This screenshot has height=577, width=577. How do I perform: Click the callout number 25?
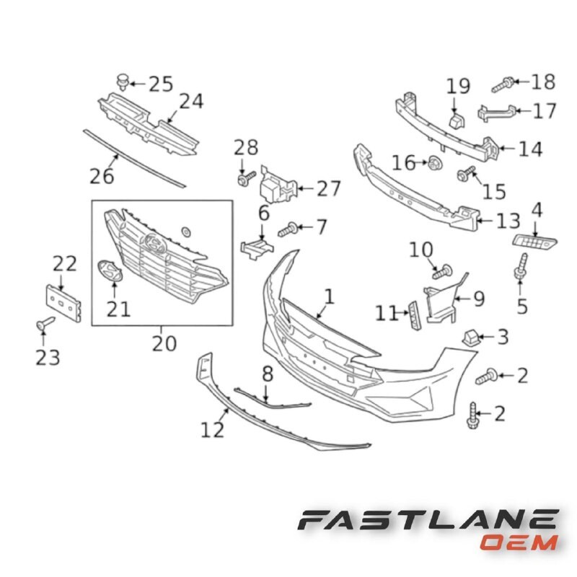click(x=161, y=84)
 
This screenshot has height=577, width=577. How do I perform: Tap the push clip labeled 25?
click(x=122, y=82)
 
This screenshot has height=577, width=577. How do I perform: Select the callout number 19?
click(x=457, y=87)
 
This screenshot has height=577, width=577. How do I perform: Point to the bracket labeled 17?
click(x=497, y=112)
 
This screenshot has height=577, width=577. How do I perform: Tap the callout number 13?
click(x=508, y=219)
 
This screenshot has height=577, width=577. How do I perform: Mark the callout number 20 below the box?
click(x=164, y=344)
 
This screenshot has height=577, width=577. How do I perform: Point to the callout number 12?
click(x=213, y=431)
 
